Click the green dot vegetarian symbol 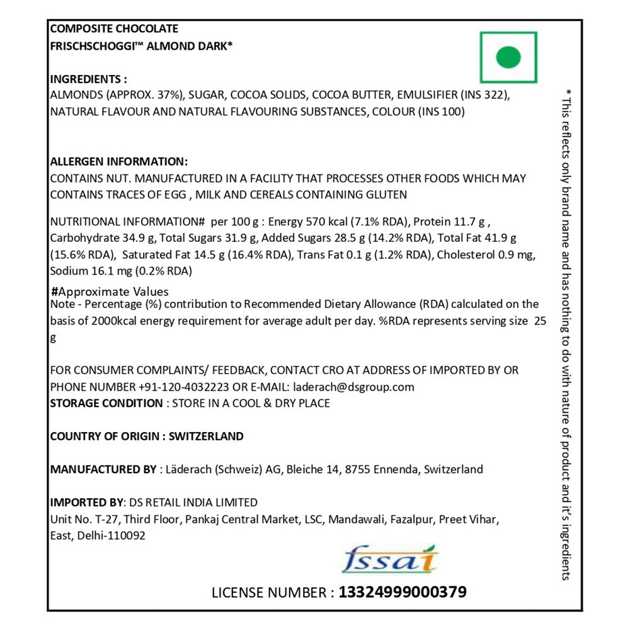(x=508, y=57)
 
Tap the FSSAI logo (x=391, y=559)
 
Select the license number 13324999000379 (x=403, y=592)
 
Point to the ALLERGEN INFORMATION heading (x=118, y=161)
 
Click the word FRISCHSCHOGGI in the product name (x=93, y=45)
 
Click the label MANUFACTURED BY (x=103, y=469)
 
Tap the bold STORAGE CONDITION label (x=106, y=403)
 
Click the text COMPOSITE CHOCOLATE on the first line (x=114, y=28)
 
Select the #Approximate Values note (x=110, y=292)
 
